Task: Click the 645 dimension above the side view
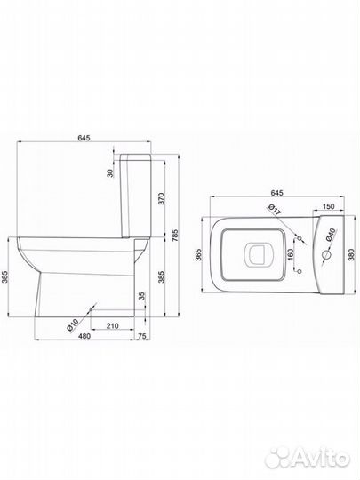click(84, 138)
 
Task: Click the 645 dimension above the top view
click(276, 193)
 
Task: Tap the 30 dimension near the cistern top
click(110, 173)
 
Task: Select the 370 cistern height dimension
click(163, 198)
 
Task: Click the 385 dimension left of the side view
click(4, 276)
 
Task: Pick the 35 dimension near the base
click(141, 296)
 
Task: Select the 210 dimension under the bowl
click(113, 326)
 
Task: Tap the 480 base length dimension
click(84, 336)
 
